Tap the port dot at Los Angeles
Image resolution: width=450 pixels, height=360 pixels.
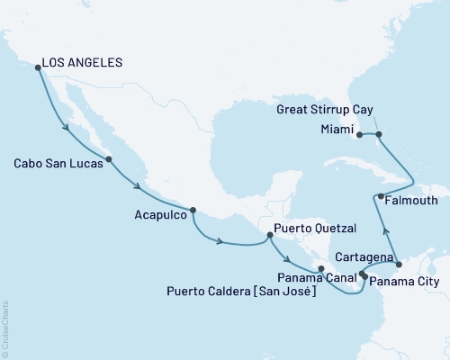(x=37, y=67)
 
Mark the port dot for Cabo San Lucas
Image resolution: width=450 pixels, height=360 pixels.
(x=109, y=160)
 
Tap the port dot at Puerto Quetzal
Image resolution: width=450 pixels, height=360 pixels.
(x=269, y=236)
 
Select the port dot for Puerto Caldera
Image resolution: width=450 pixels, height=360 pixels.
(x=321, y=268)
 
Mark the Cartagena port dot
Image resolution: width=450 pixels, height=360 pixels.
(x=399, y=265)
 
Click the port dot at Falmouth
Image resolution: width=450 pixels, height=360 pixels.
(x=381, y=196)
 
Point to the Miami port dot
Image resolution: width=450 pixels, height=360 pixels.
(x=359, y=135)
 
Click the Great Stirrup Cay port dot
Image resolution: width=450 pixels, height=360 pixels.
(x=379, y=135)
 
